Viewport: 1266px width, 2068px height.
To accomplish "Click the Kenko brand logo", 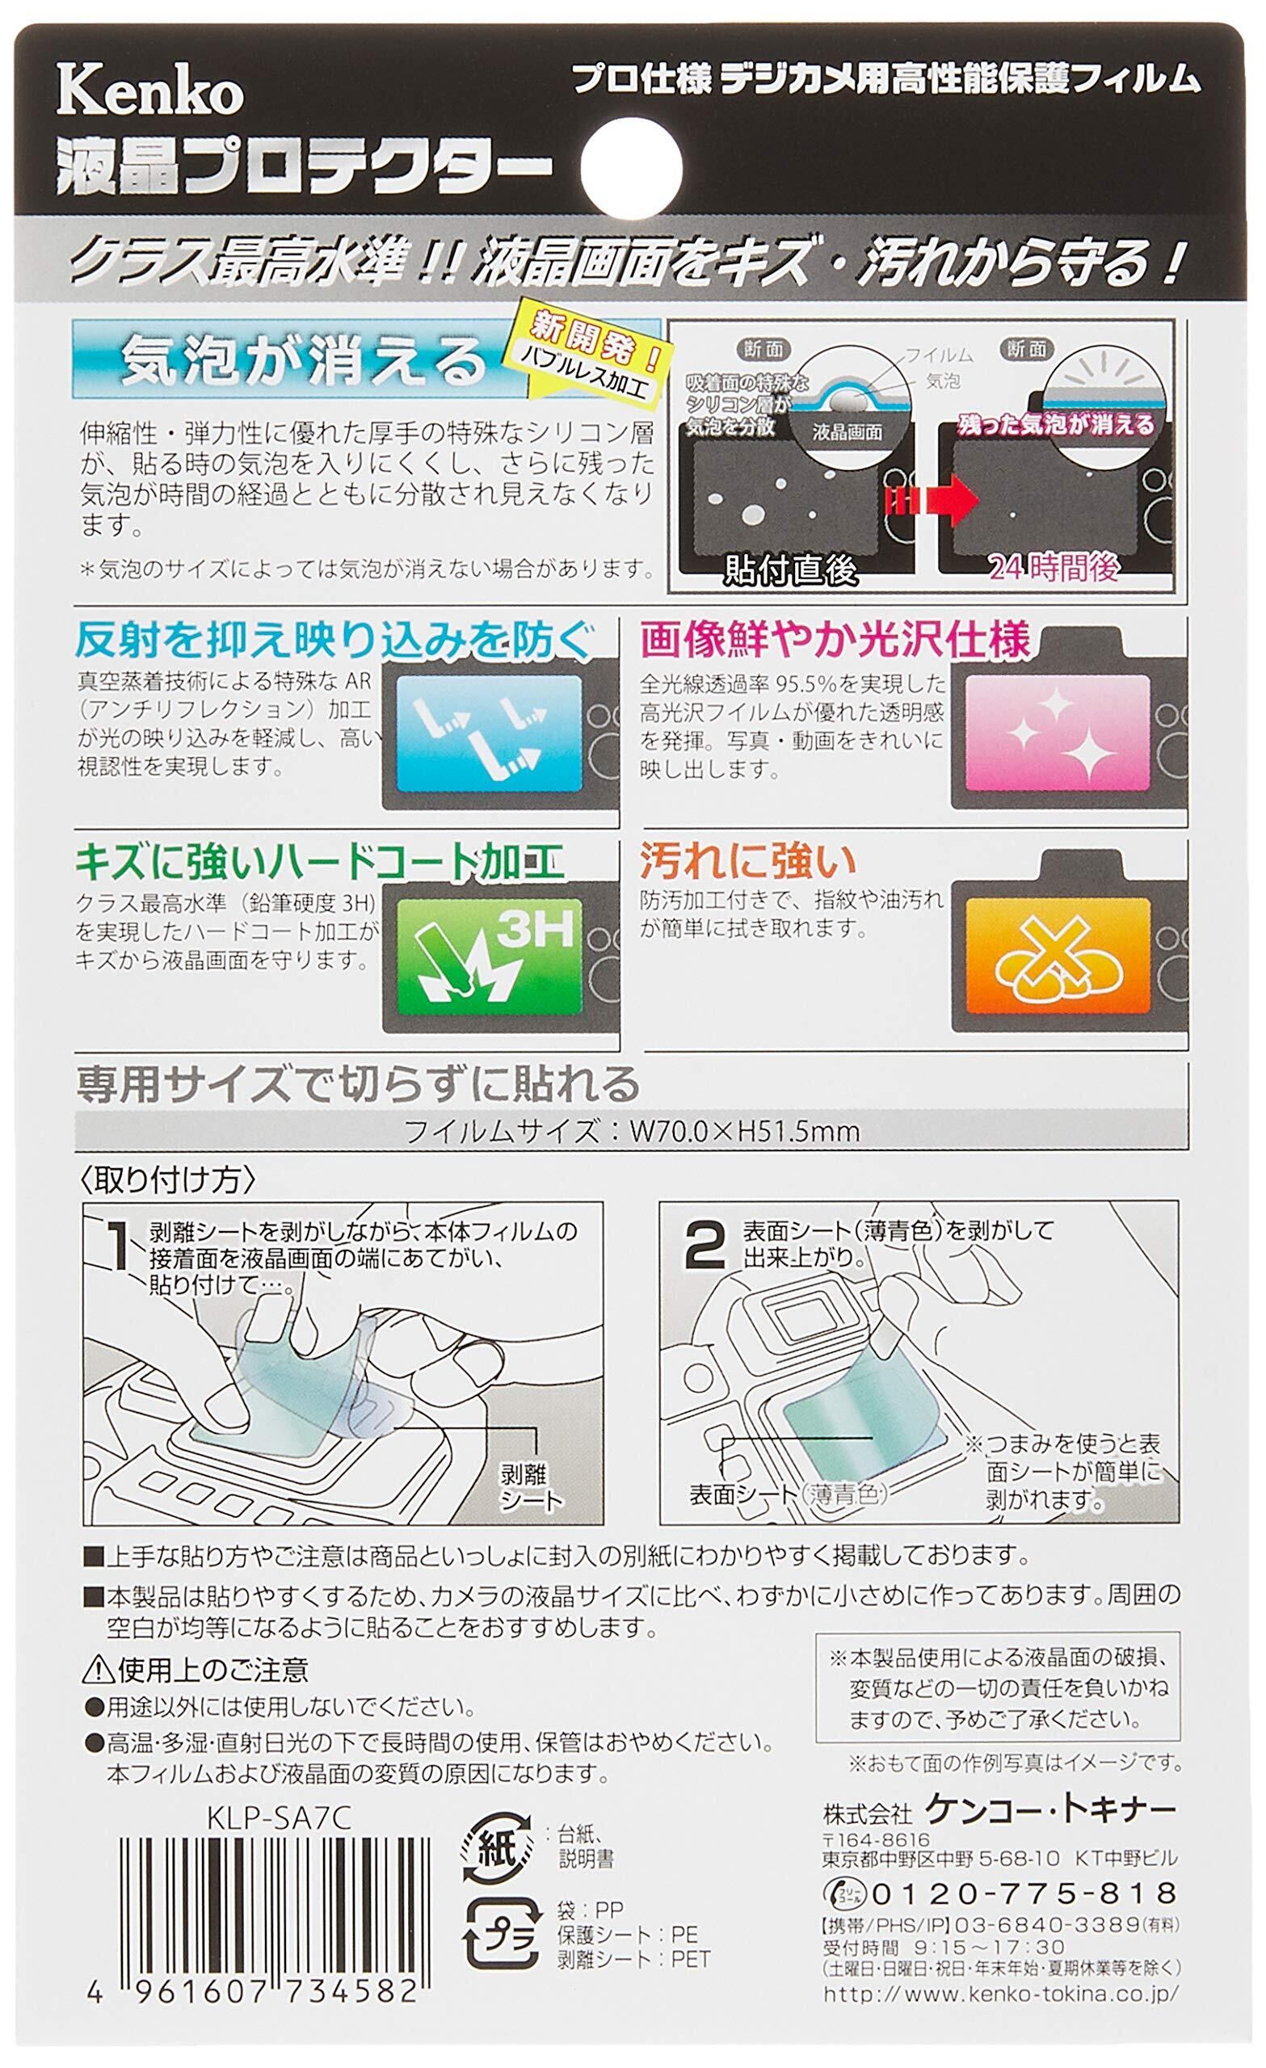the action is (x=149, y=94).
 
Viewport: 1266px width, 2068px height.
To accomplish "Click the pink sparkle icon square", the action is (x=1057, y=733).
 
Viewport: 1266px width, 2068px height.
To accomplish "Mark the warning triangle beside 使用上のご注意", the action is (x=99, y=1686).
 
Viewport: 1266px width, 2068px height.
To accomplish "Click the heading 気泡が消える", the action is (x=304, y=361).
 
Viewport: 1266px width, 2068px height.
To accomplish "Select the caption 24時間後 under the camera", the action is (x=1054, y=568).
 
